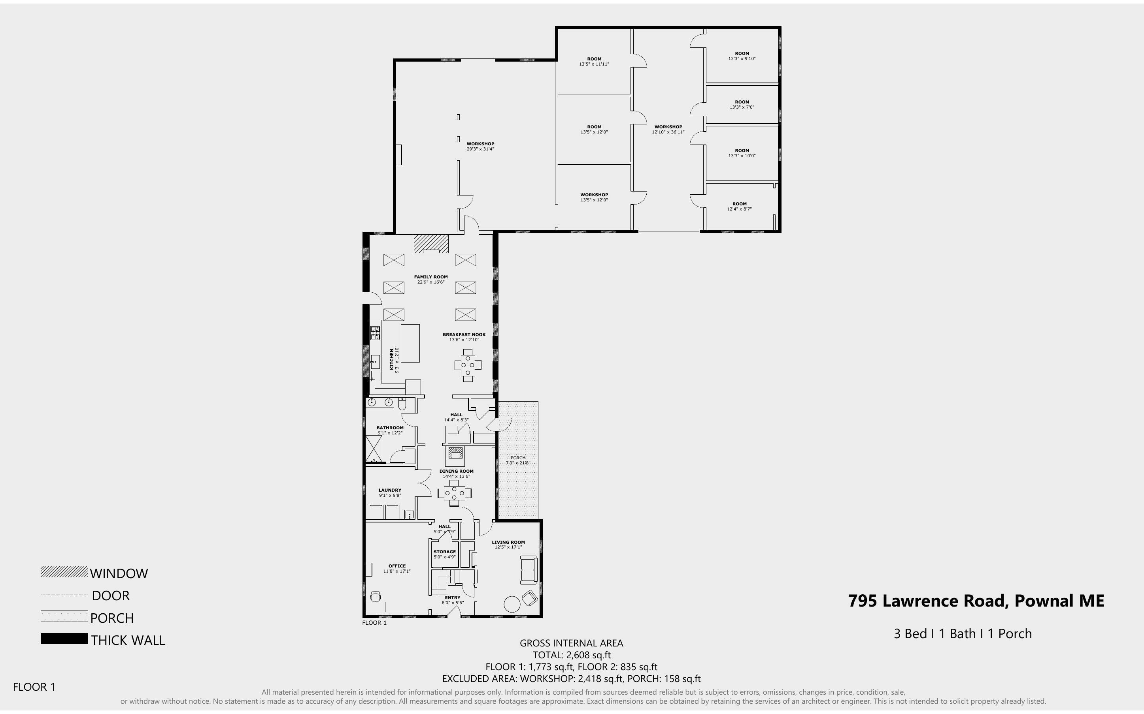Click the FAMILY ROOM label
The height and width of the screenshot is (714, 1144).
point(430,277)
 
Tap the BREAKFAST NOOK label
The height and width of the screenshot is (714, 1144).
point(464,335)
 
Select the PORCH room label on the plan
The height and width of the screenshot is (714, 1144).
point(518,458)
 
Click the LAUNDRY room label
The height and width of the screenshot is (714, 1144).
point(390,490)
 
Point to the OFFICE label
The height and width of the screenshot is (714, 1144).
point(397,566)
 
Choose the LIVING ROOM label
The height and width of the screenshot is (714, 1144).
point(508,542)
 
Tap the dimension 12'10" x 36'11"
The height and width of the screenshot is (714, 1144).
point(668,132)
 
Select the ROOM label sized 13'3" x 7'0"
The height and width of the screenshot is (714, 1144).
point(742,102)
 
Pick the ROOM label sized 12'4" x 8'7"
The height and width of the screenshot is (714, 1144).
point(739,204)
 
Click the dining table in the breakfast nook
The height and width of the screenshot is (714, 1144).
point(468,365)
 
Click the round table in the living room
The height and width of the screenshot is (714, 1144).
point(512,604)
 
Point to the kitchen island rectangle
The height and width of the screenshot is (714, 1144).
point(410,343)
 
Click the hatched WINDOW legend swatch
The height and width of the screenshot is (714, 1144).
point(64,572)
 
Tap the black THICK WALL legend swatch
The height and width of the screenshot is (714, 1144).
point(64,639)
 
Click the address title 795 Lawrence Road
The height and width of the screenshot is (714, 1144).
point(976,601)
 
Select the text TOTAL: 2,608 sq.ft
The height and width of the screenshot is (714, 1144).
point(571,655)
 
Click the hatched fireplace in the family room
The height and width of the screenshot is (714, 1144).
point(430,244)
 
